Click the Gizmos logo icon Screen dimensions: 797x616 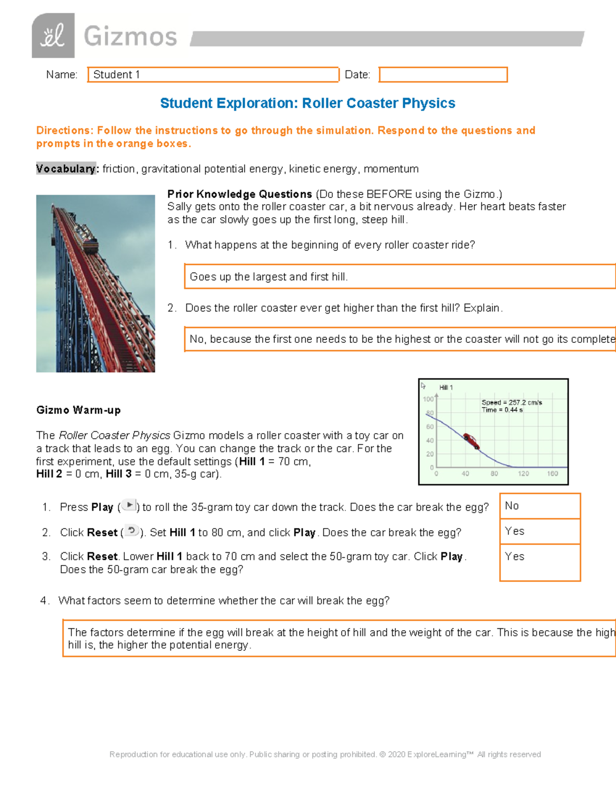(x=53, y=35)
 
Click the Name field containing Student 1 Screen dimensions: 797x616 (x=213, y=74)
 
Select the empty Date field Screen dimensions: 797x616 (x=443, y=74)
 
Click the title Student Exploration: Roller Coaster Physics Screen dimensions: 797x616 (x=307, y=103)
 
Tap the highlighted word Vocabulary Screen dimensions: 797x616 (x=66, y=169)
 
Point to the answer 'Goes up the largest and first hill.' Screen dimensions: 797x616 (x=269, y=277)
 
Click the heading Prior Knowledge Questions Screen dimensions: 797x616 (x=240, y=194)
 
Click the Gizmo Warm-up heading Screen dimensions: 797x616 (x=79, y=410)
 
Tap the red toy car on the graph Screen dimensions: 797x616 (x=471, y=441)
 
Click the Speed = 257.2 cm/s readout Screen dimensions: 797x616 (x=511, y=402)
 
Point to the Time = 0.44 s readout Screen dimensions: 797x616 (x=502, y=410)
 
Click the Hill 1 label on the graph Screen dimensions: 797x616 (x=446, y=387)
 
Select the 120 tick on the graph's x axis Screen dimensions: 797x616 (x=523, y=474)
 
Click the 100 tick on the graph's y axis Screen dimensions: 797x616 (x=428, y=399)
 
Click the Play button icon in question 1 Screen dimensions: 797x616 (x=129, y=506)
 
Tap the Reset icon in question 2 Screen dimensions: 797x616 (x=132, y=531)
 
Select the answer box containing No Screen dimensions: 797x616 (x=540, y=506)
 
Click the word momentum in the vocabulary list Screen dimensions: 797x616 (x=391, y=169)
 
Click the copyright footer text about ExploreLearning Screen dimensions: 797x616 (x=325, y=754)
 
